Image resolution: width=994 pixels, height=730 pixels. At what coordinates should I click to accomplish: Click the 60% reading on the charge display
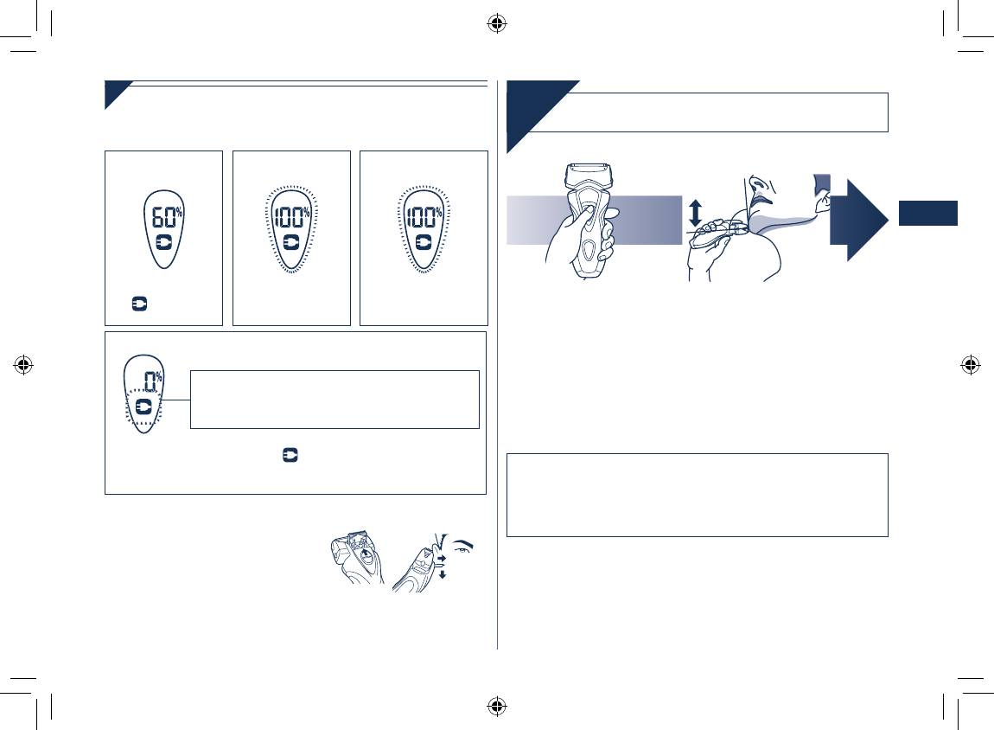[167, 218]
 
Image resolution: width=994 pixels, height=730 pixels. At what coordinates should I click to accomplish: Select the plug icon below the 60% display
[139, 304]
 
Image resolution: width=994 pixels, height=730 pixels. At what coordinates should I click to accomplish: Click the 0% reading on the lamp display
[153, 381]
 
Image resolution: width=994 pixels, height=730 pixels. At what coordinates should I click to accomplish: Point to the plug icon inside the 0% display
[143, 406]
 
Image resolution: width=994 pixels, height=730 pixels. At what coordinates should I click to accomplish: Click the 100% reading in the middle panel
[291, 218]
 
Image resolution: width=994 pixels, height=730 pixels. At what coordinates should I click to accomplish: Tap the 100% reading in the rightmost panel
[424, 218]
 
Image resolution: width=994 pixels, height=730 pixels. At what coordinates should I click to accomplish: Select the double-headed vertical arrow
[696, 213]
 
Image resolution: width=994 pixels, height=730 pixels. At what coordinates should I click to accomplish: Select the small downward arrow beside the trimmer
[443, 574]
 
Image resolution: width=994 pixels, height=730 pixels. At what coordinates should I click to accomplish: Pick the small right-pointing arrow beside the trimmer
[442, 558]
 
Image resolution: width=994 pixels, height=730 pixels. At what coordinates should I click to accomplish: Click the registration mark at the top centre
[497, 24]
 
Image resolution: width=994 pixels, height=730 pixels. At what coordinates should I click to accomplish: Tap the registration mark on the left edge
[23, 365]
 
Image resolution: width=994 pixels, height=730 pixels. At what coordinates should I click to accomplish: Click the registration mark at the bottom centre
[497, 705]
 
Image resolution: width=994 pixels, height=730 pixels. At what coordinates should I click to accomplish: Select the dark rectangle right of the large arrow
[928, 213]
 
